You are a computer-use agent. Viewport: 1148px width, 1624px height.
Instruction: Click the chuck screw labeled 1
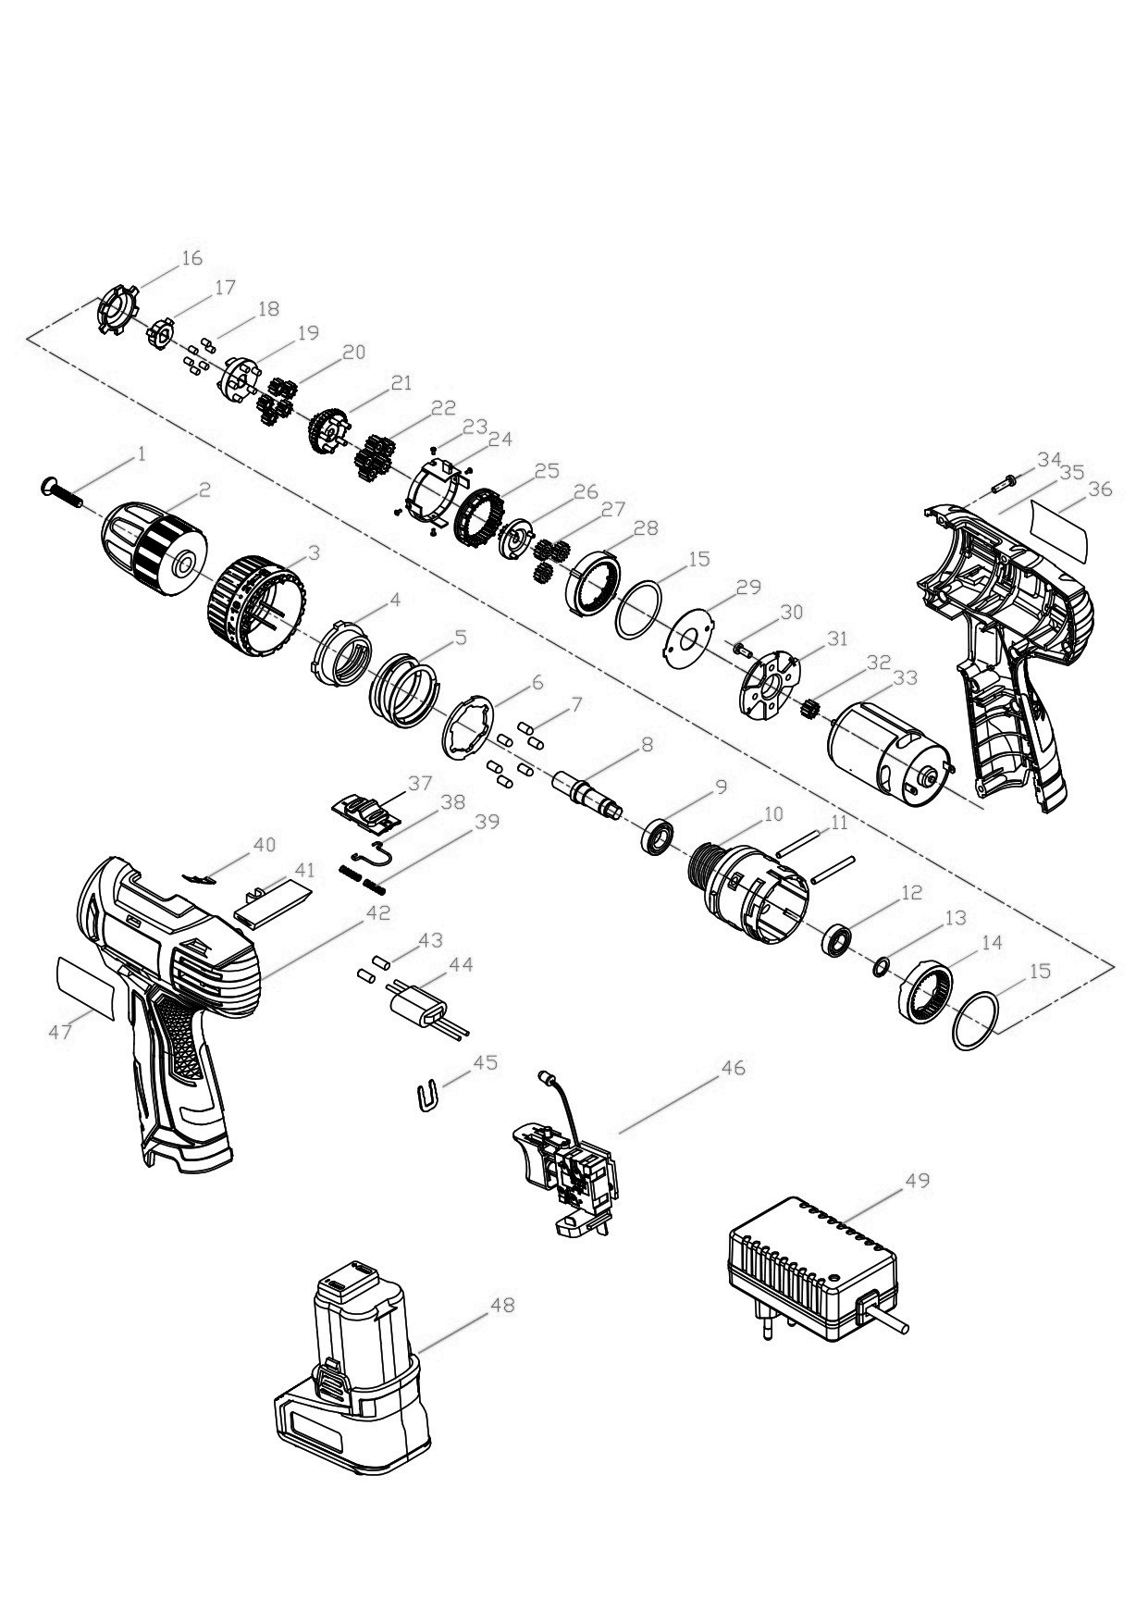coord(63,491)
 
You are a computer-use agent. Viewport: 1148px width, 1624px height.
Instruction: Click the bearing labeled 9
coord(658,836)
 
